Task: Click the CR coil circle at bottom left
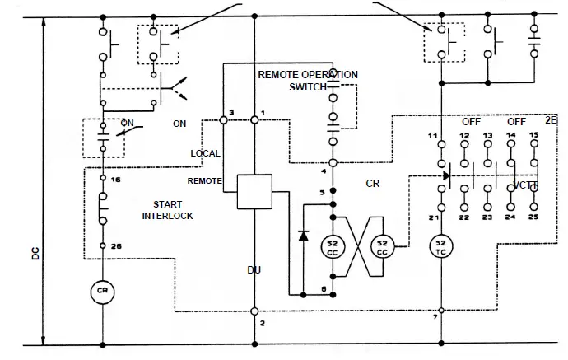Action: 102,291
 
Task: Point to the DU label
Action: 254,269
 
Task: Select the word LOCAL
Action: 205,154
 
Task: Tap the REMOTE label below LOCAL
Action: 204,180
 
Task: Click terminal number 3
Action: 232,111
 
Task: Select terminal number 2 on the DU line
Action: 262,323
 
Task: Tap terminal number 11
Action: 432,134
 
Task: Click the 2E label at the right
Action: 551,120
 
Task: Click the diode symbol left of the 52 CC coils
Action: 303,236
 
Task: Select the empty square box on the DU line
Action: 254,191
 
